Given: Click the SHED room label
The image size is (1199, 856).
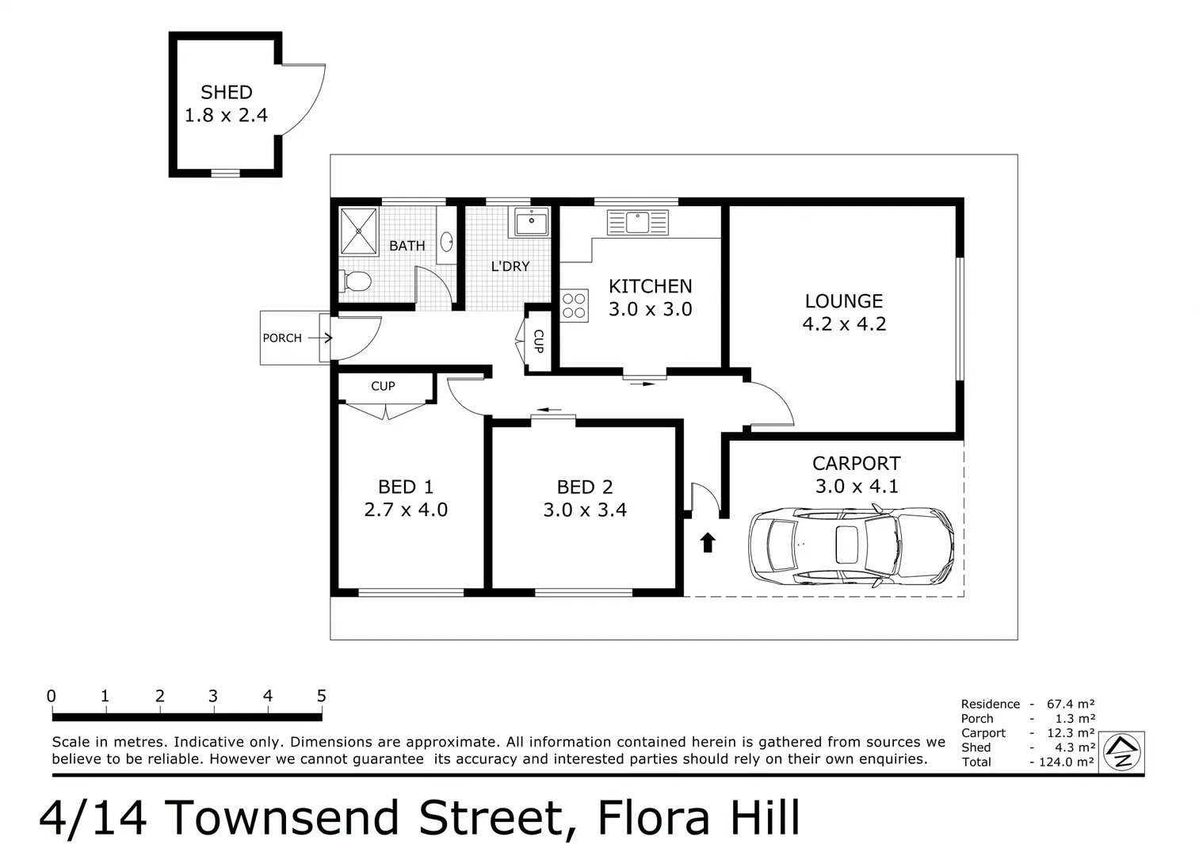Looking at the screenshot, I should [x=226, y=93].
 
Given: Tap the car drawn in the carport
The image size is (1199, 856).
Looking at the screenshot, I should [x=851, y=546].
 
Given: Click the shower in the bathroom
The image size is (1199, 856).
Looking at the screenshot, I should [x=359, y=231].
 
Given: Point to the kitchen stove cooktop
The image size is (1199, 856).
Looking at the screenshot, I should [x=575, y=306].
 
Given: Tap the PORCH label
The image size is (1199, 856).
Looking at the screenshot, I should [x=282, y=338].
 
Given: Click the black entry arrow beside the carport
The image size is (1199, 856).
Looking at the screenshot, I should [x=708, y=542].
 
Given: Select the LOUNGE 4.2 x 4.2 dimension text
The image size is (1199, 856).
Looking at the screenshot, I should [x=844, y=324].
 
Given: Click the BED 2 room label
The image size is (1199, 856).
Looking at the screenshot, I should [x=585, y=487].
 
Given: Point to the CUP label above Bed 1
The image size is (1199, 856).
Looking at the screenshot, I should [x=383, y=386].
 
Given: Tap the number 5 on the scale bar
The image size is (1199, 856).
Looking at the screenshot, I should [x=321, y=696].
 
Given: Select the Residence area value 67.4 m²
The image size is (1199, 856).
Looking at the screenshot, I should [x=1071, y=704].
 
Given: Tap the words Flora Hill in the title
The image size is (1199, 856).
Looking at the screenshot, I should [x=698, y=818].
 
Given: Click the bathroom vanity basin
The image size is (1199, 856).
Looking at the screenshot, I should [x=447, y=241].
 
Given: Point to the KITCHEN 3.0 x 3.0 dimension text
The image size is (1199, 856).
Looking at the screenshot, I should [x=650, y=310].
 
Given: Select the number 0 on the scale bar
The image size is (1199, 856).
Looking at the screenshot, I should [x=52, y=696].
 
